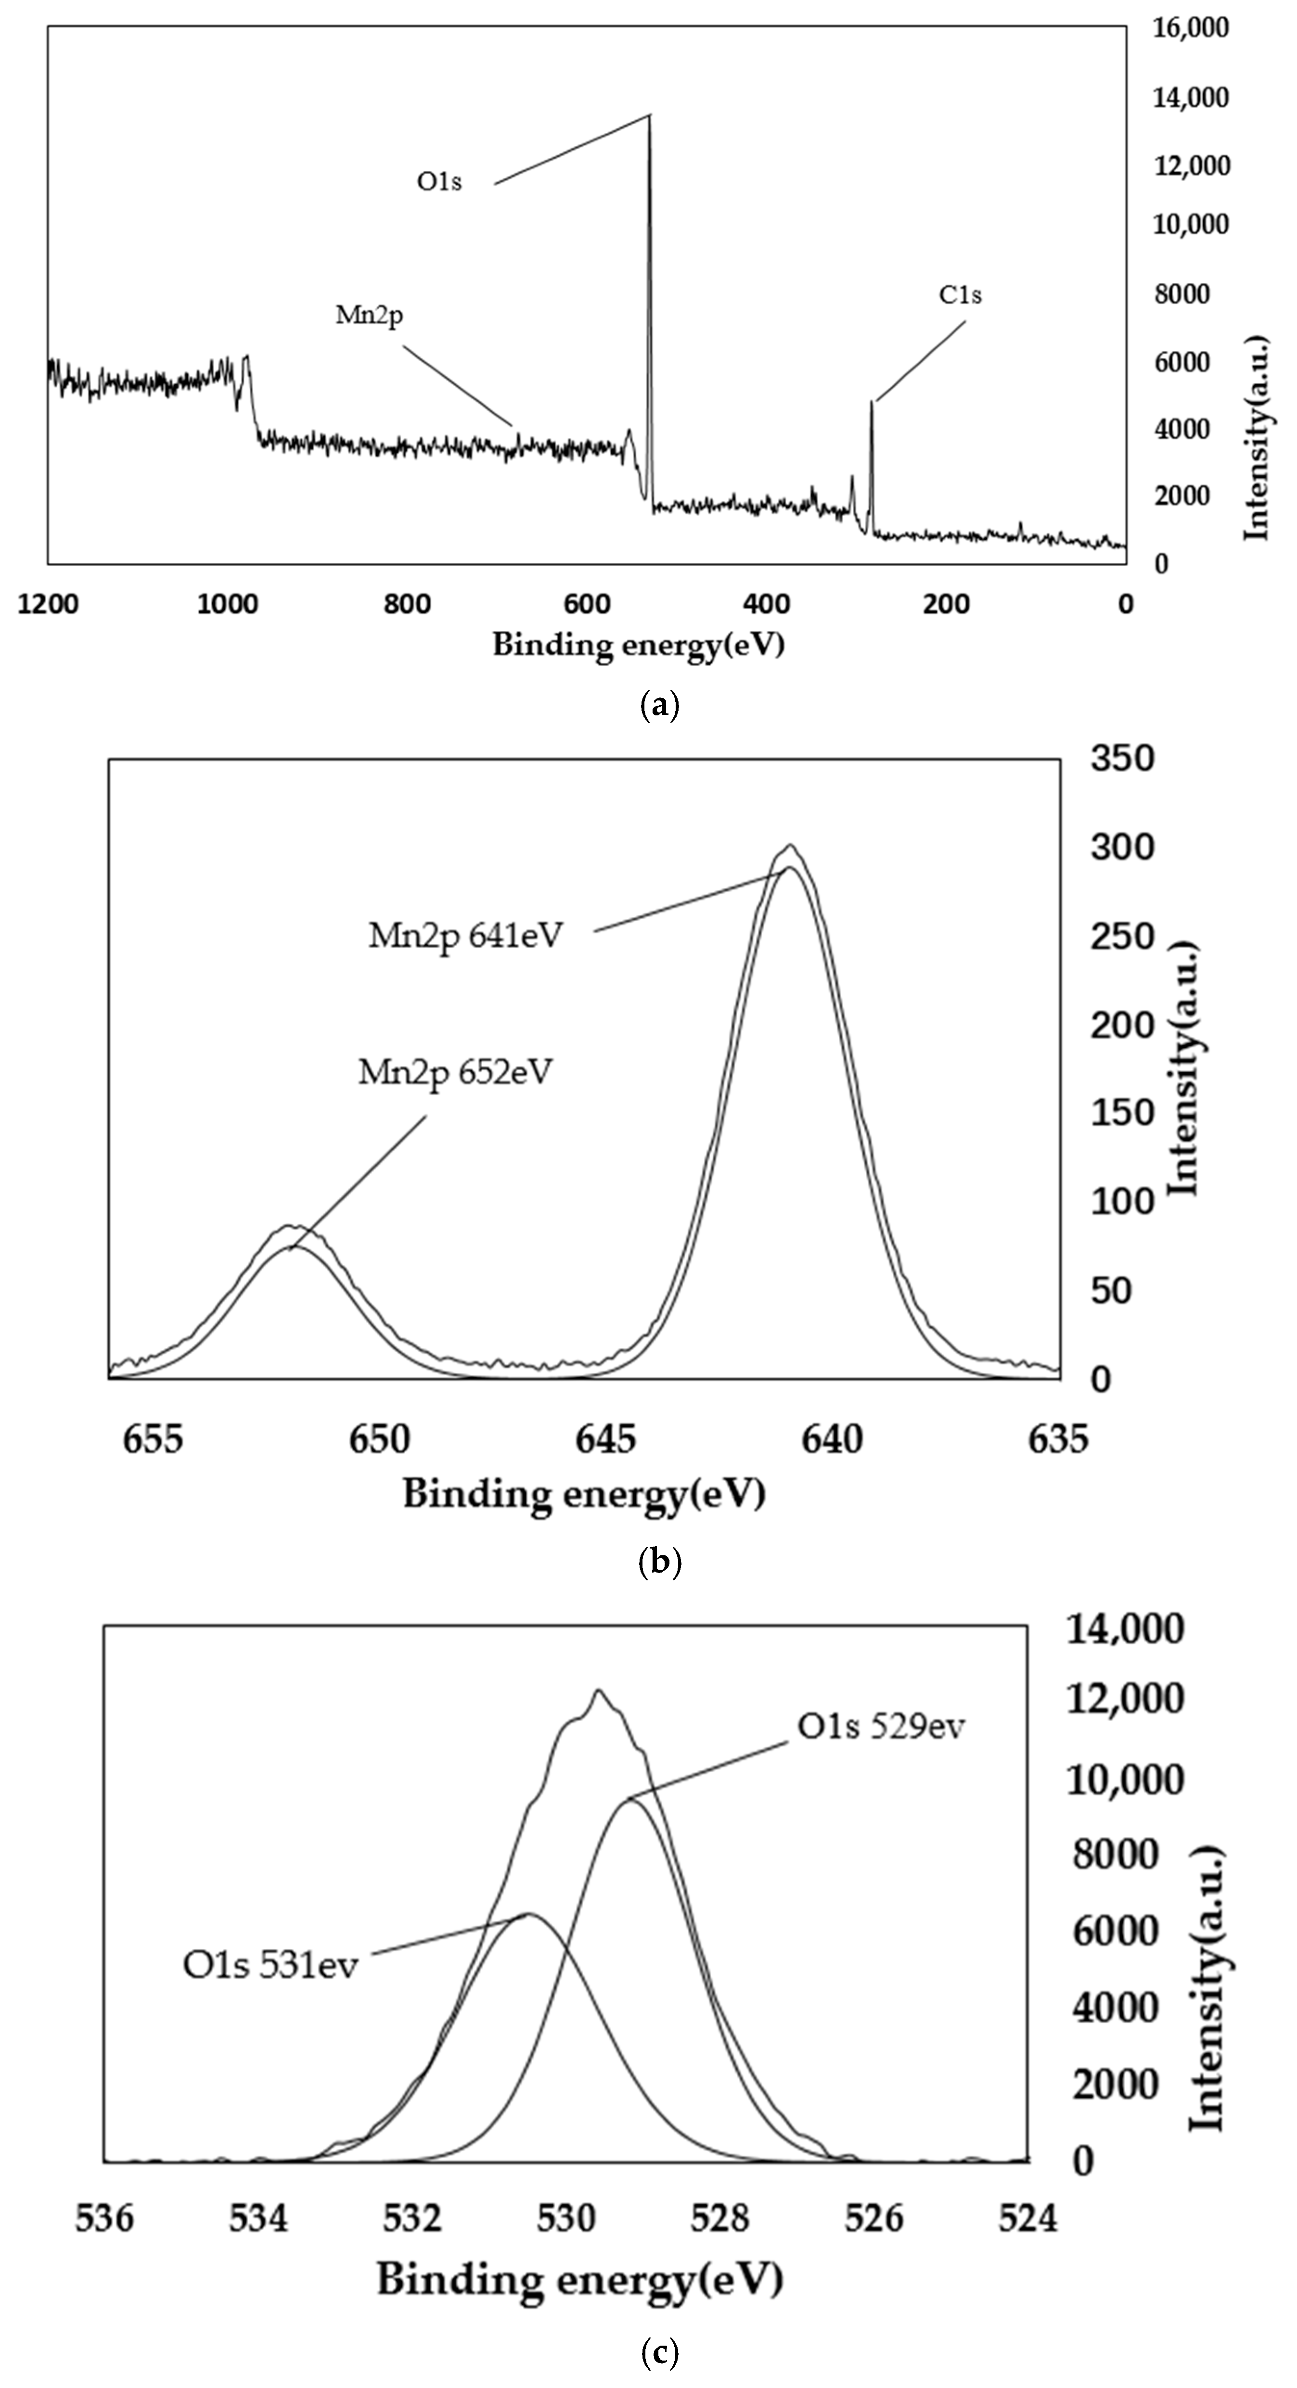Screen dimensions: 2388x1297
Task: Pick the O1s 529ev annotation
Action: click(x=881, y=1726)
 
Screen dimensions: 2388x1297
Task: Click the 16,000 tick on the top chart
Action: click(x=1190, y=28)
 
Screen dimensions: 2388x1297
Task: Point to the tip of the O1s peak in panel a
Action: click(x=649, y=116)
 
